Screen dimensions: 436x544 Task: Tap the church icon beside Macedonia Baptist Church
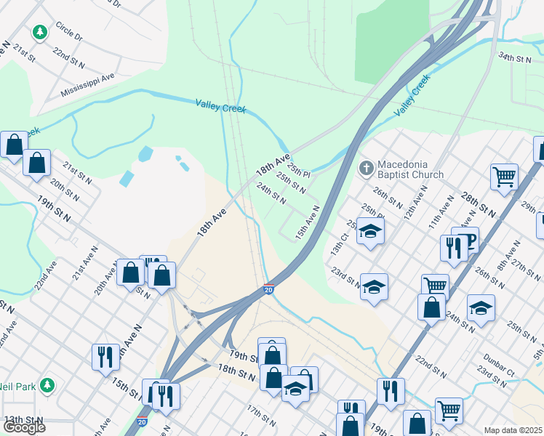(367, 169)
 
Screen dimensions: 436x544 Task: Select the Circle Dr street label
(69, 33)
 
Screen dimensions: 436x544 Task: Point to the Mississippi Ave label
(88, 84)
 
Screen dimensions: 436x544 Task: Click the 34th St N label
(515, 56)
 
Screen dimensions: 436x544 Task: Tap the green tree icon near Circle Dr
(39, 33)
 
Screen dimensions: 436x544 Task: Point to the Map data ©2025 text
(513, 430)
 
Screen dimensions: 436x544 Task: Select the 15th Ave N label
(308, 222)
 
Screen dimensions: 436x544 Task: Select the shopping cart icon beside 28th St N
(503, 176)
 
